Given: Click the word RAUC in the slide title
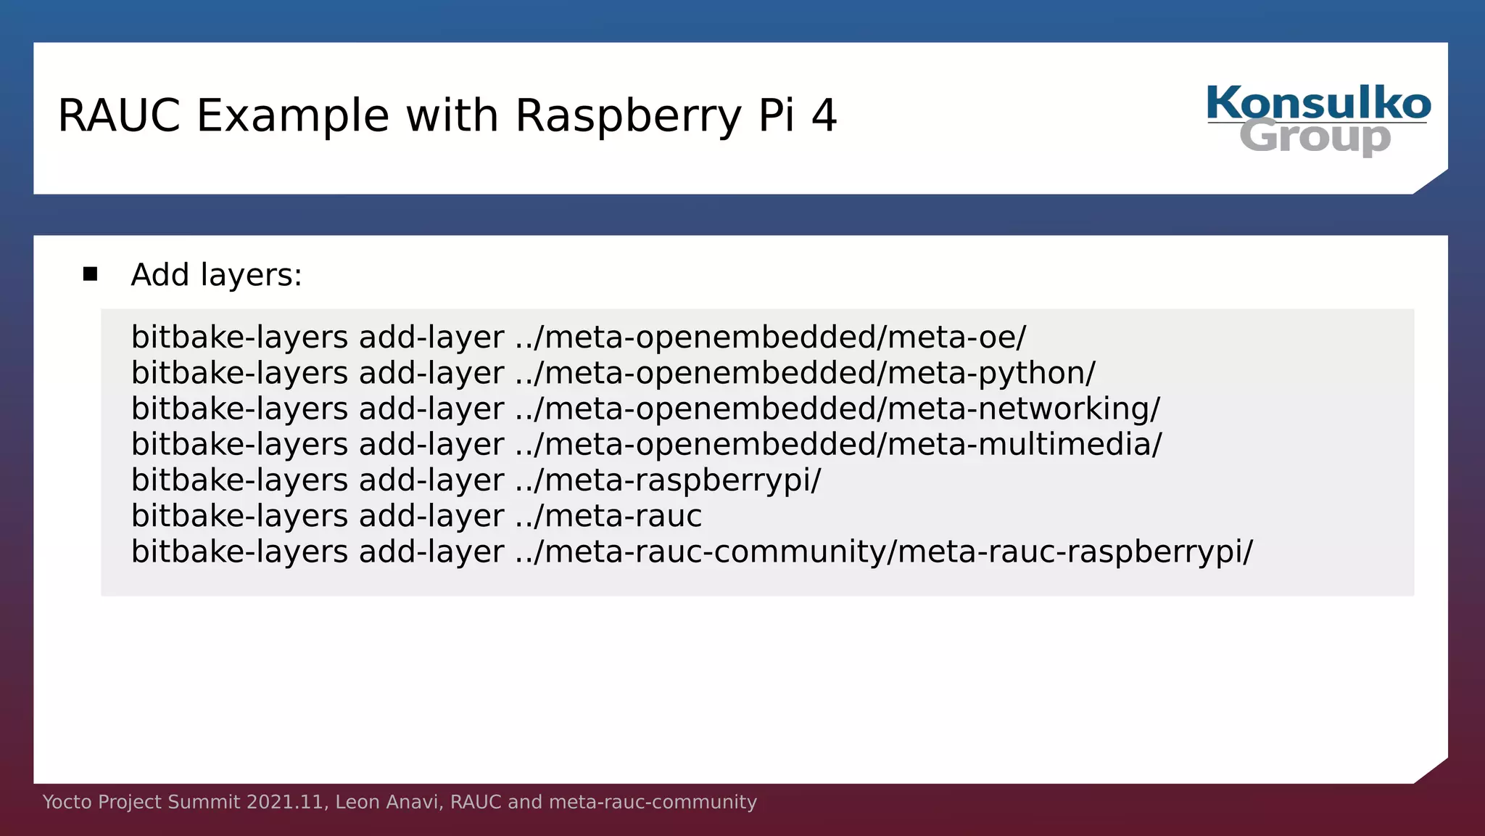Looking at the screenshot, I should coord(119,115).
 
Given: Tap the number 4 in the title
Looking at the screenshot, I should coord(824,115).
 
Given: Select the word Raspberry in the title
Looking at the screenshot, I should coord(628,116).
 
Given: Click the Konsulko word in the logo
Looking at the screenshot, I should coord(1318,103).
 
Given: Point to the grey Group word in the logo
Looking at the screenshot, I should coord(1315,137).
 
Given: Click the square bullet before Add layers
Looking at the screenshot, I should coord(90,274).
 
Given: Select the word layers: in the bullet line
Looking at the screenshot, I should coord(251,275).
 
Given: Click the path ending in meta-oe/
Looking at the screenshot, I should coord(771,337).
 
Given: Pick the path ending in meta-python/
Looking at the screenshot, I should coord(805,373).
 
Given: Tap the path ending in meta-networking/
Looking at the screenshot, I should coord(837,409).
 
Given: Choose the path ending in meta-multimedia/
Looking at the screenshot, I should coord(838,444).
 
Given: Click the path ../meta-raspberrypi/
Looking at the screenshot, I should coord(668,480).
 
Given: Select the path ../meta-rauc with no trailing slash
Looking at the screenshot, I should coord(608,516).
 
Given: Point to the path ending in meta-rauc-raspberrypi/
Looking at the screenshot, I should coord(884,552).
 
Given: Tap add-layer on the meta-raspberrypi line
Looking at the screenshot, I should coord(431,480).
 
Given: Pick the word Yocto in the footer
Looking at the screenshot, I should coord(67,802).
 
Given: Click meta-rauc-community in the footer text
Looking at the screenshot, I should coord(653,802).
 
